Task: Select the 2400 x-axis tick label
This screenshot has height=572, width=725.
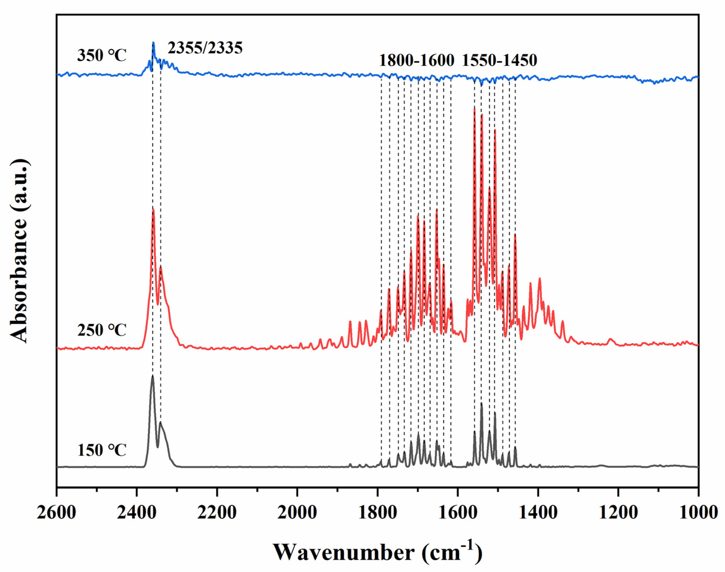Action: pyautogui.click(x=137, y=513)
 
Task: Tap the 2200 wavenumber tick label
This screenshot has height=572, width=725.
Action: pyautogui.click(x=217, y=513)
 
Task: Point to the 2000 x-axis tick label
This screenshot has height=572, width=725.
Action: pyautogui.click(x=297, y=513)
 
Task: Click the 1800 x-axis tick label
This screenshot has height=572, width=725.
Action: pyautogui.click(x=377, y=513)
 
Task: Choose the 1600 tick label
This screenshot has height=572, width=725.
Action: pyautogui.click(x=458, y=513)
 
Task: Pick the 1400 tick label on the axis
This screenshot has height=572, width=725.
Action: pyautogui.click(x=538, y=513)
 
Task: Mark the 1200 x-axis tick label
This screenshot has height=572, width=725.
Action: pyautogui.click(x=618, y=513)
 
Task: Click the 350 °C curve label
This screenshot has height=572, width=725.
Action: pyautogui.click(x=102, y=55)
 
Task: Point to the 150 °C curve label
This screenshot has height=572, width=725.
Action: pyautogui.click(x=102, y=450)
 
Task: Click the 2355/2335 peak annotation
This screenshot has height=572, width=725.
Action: pyautogui.click(x=205, y=48)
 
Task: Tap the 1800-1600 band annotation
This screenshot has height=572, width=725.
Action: pyautogui.click(x=416, y=61)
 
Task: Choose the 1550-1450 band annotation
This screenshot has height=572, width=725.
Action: pyautogui.click(x=500, y=61)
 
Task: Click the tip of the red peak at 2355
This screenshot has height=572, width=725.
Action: pyautogui.click(x=153, y=209)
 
